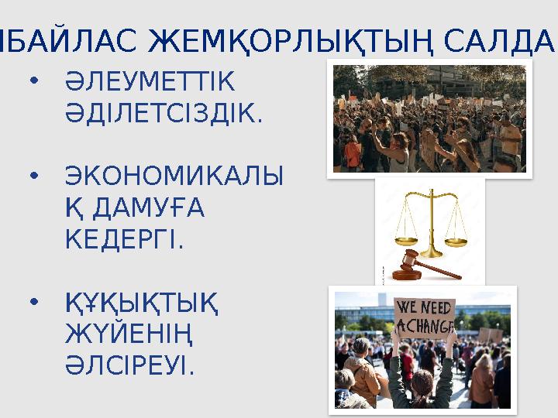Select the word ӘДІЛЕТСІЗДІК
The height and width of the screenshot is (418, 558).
[x=164, y=115]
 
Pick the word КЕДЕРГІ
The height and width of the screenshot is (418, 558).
[x=125, y=241]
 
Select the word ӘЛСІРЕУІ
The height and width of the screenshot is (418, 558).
[x=131, y=366]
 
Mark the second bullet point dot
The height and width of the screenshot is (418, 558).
[x=33, y=176]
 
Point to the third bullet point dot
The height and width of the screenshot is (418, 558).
[x=33, y=301]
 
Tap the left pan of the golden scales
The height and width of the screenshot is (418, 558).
[x=406, y=238]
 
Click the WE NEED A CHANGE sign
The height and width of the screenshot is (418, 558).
[x=424, y=317]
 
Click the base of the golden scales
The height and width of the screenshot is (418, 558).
[x=431, y=252]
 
